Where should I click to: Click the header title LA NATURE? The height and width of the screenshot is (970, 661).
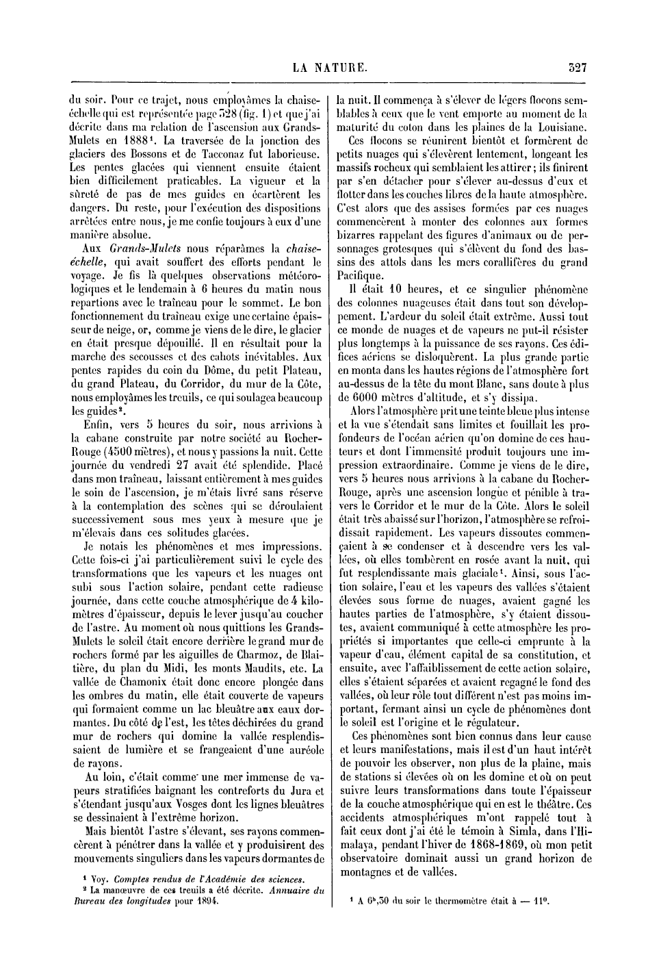coord(330,68)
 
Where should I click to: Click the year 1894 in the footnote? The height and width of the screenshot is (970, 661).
coord(203,902)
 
